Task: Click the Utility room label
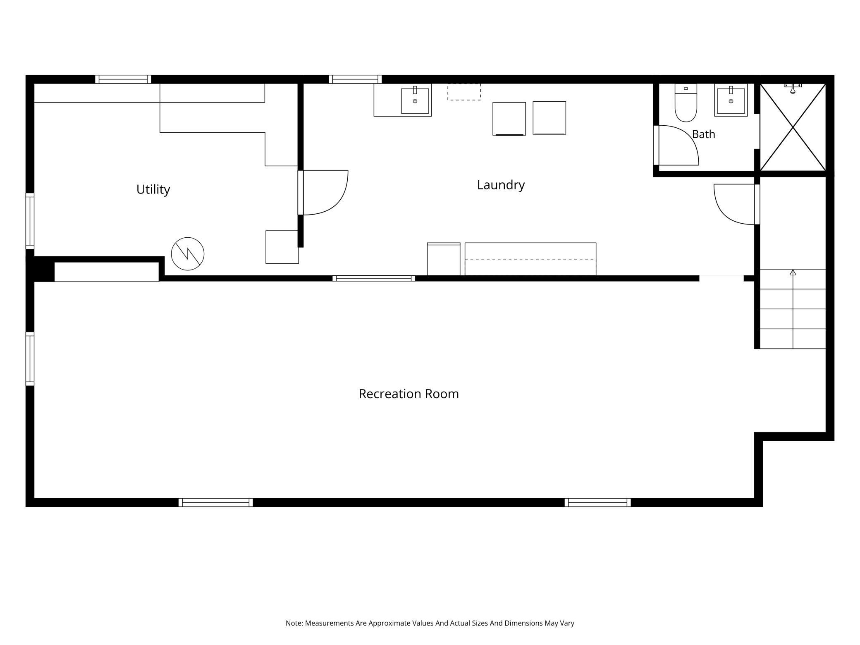tap(153, 189)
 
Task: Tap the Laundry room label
tap(501, 185)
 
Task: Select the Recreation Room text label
tap(408, 394)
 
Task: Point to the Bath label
tap(703, 134)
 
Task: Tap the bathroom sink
tap(731, 100)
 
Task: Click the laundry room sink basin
tap(415, 100)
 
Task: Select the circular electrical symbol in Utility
tap(188, 254)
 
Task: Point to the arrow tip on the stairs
tap(793, 270)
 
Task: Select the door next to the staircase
tap(736, 204)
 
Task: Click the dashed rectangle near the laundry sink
tap(464, 92)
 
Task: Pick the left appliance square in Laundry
tap(509, 119)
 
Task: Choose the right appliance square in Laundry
tap(549, 118)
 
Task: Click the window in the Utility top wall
tap(123, 79)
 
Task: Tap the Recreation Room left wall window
tap(30, 359)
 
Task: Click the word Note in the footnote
tap(294, 623)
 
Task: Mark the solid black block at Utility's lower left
tap(41, 269)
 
